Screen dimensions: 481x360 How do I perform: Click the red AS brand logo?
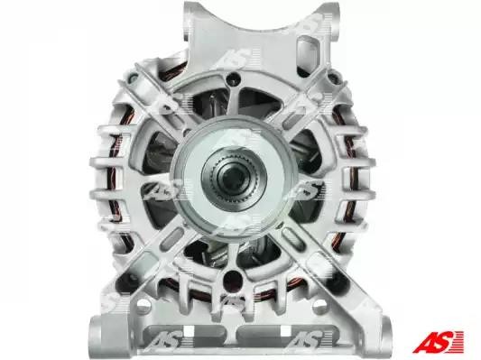coord(438,341)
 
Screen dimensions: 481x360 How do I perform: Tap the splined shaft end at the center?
coord(234,177)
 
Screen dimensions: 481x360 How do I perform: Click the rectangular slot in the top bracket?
coord(308,52)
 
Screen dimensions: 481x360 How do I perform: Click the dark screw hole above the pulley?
coord(233,78)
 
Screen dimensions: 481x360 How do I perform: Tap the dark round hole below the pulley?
coord(231,278)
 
